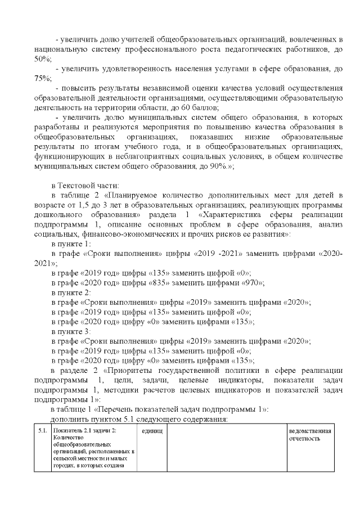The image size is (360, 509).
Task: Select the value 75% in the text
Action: [42, 78]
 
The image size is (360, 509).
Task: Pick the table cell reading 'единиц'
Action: [151, 431]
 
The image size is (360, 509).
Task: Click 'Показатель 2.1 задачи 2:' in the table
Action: [83, 431]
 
